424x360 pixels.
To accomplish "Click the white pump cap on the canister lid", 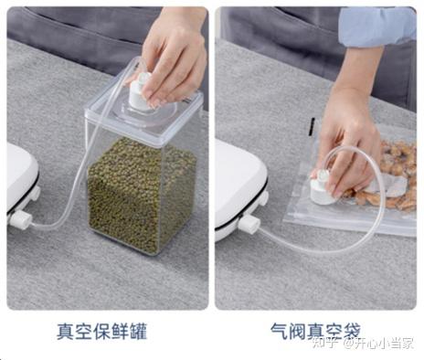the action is tap(139, 91).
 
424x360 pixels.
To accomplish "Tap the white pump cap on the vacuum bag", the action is tap(323, 189).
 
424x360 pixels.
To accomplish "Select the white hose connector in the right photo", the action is tap(249, 225).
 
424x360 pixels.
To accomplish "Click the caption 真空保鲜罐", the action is tap(102, 332).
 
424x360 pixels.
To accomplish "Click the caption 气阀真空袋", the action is tap(316, 331).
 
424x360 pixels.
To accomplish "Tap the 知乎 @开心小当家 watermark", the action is tap(363, 343).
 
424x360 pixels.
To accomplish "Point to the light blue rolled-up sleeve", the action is tap(377, 27).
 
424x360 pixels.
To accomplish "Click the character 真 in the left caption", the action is tap(66, 332).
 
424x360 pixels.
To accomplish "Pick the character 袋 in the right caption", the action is tap(352, 331).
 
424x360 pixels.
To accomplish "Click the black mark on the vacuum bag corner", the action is tap(312, 127).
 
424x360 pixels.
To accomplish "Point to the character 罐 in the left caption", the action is tap(139, 332).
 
